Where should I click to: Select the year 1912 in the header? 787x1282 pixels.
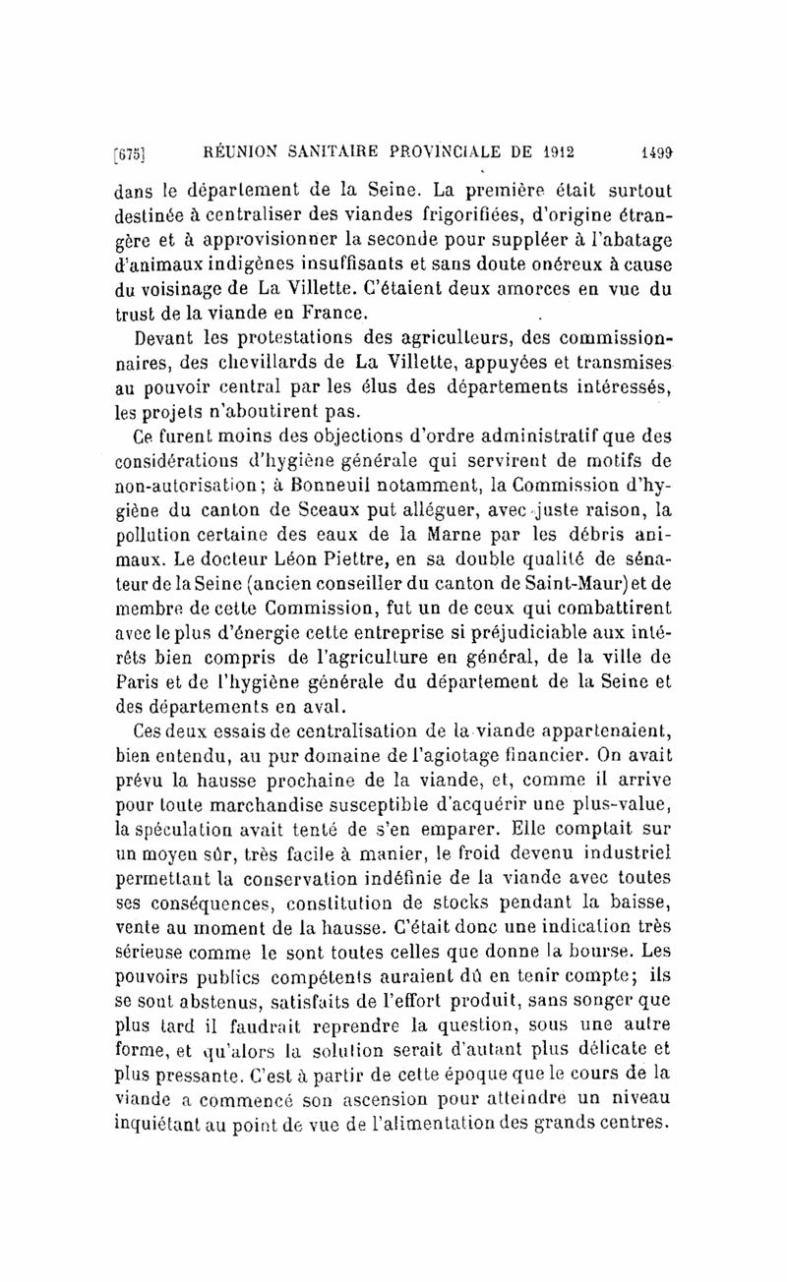(x=555, y=152)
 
